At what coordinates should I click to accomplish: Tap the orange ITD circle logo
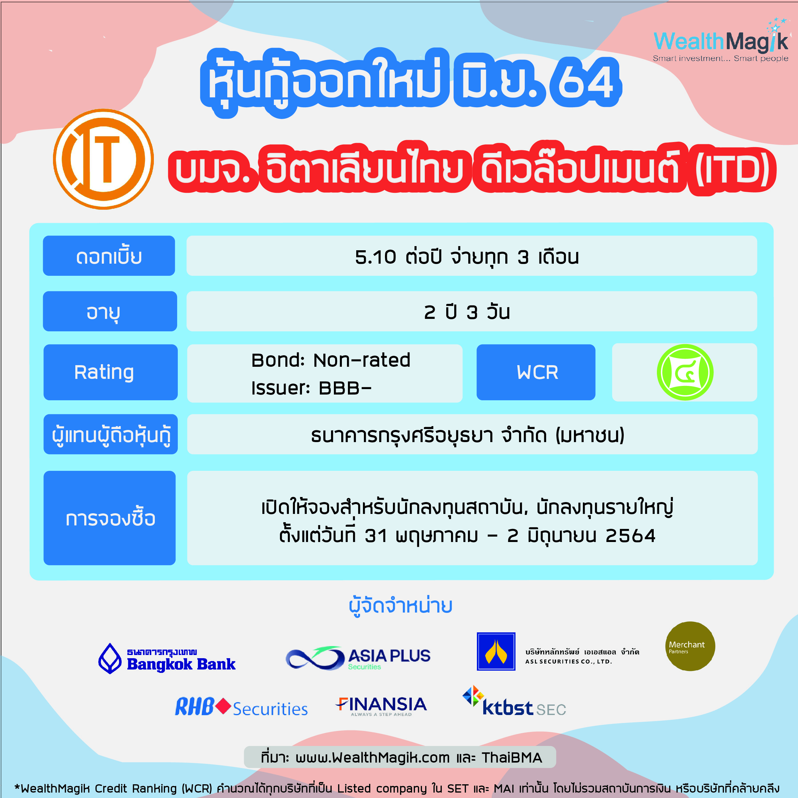pyautogui.click(x=103, y=159)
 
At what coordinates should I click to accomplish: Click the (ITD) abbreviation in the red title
pyautogui.click(x=733, y=169)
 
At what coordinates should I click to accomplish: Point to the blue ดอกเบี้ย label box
pyautogui.click(x=109, y=256)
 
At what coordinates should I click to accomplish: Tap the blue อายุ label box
pyautogui.click(x=110, y=311)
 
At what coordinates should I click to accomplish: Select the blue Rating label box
pyautogui.click(x=110, y=372)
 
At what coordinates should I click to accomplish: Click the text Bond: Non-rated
pyautogui.click(x=331, y=360)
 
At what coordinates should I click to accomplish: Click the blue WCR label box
pyautogui.click(x=536, y=372)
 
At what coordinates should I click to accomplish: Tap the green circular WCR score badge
pyautogui.click(x=685, y=372)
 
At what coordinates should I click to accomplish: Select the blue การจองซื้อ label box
pyautogui.click(x=109, y=518)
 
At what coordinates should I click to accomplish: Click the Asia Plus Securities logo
pyautogui.click(x=358, y=658)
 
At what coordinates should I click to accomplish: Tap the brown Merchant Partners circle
pyautogui.click(x=690, y=646)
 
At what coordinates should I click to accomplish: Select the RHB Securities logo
pyautogui.click(x=242, y=707)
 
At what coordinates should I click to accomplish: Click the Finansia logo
pyautogui.click(x=381, y=706)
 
